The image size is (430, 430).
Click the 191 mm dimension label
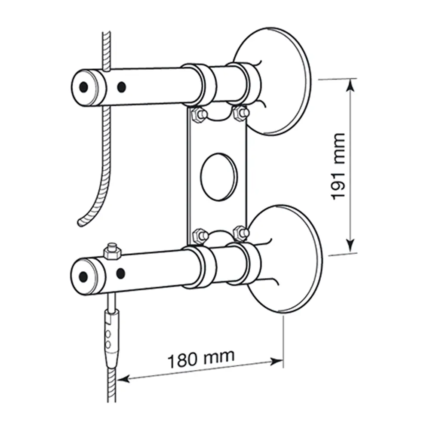[x=338, y=166]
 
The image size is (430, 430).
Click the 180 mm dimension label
[x=201, y=359]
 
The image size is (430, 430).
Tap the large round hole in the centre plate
[x=219, y=177]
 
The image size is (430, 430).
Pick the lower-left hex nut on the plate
[x=200, y=236]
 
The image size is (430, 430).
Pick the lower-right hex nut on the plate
[x=241, y=233]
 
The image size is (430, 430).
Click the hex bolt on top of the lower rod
[x=112, y=251]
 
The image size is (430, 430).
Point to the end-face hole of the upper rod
[x=84, y=87]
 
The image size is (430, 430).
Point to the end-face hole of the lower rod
[x=83, y=276]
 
